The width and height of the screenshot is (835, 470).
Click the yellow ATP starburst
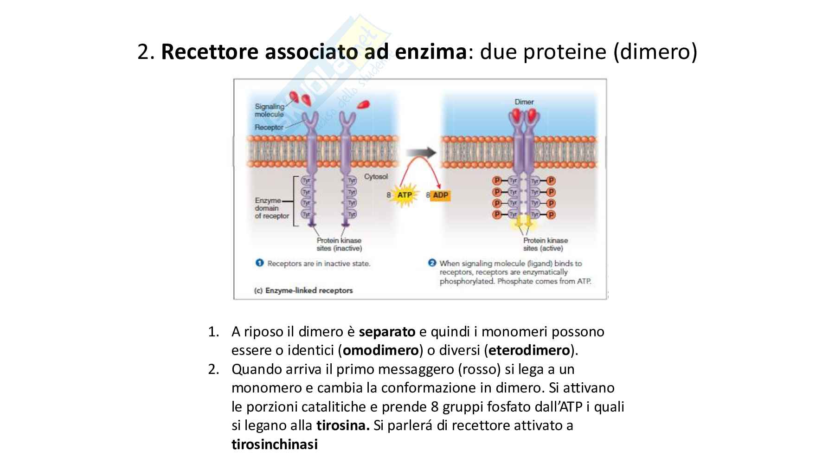(404, 195)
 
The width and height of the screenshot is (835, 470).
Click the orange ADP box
(440, 195)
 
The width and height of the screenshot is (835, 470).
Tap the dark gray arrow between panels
(421, 153)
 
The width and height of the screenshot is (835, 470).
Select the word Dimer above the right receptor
(524, 102)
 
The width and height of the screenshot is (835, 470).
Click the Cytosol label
(376, 177)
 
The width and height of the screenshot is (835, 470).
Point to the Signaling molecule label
(269, 110)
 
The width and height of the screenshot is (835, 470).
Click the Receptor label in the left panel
(269, 127)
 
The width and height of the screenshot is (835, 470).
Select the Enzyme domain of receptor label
(271, 208)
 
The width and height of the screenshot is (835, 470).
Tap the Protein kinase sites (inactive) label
(339, 245)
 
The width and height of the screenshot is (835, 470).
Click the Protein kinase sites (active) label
(546, 245)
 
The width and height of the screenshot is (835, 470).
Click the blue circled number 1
(260, 263)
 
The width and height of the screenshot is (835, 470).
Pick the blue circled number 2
(432, 263)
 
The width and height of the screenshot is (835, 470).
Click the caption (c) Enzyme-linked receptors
(303, 290)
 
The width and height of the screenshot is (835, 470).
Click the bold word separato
(387, 332)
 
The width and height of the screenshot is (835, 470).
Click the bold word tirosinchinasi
(275, 444)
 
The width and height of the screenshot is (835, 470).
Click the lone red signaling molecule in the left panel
(364, 105)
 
